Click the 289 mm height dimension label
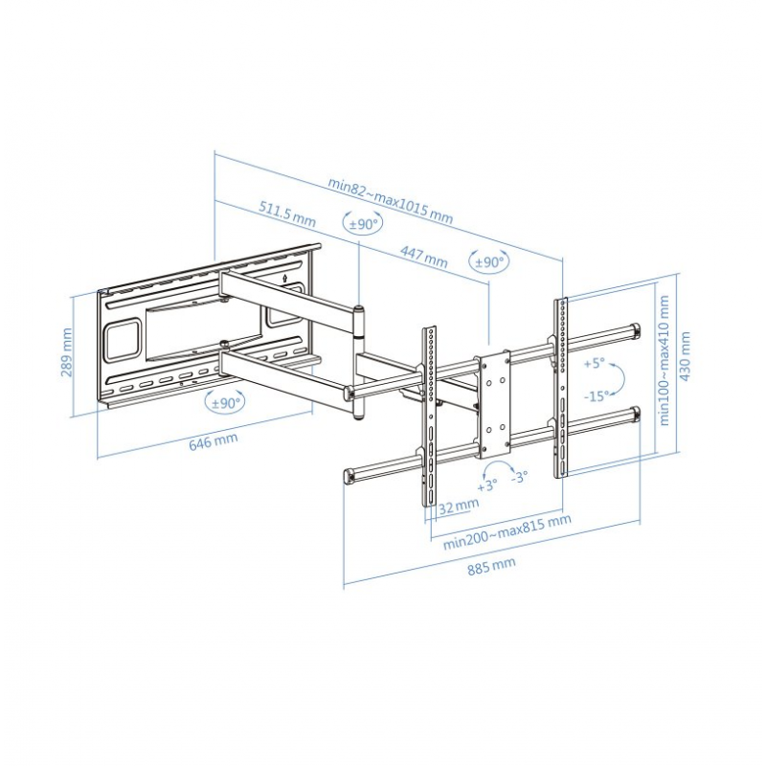[x=67, y=352]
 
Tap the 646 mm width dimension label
[x=214, y=441]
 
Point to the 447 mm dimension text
[x=423, y=257]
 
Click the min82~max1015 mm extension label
[x=390, y=199]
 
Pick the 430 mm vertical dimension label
[x=685, y=356]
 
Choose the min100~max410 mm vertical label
[x=664, y=360]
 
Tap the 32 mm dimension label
[x=459, y=506]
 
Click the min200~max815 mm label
[x=507, y=531]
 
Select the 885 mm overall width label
[x=491, y=566]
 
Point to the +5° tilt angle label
[x=594, y=364]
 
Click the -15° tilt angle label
[x=597, y=395]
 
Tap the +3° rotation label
[x=487, y=485]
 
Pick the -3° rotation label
[x=519, y=476]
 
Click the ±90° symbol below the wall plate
[x=226, y=402]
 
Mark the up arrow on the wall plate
[x=285, y=278]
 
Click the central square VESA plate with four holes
[x=495, y=404]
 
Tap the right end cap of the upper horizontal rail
[x=635, y=330]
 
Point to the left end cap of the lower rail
[x=350, y=475]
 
